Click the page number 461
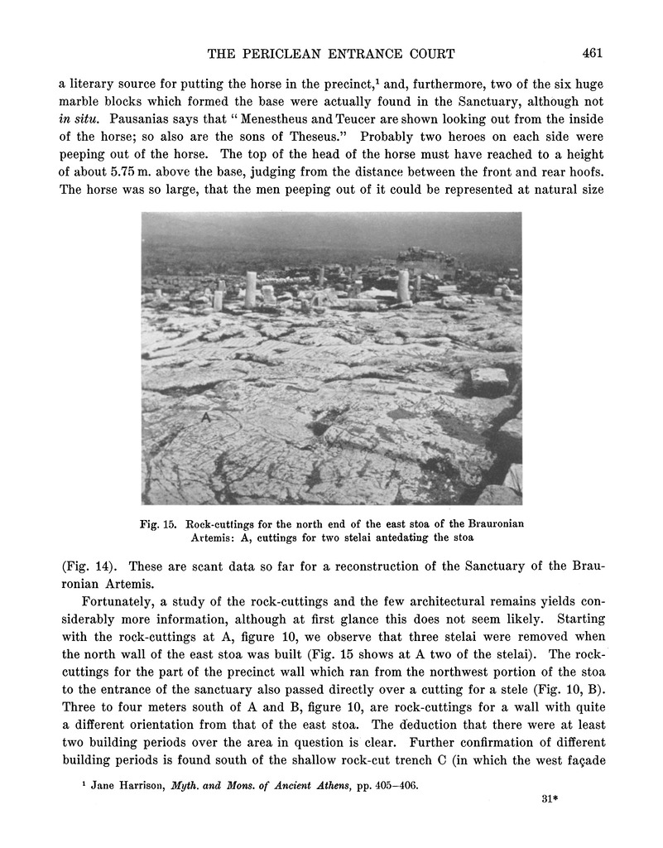(x=591, y=53)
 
